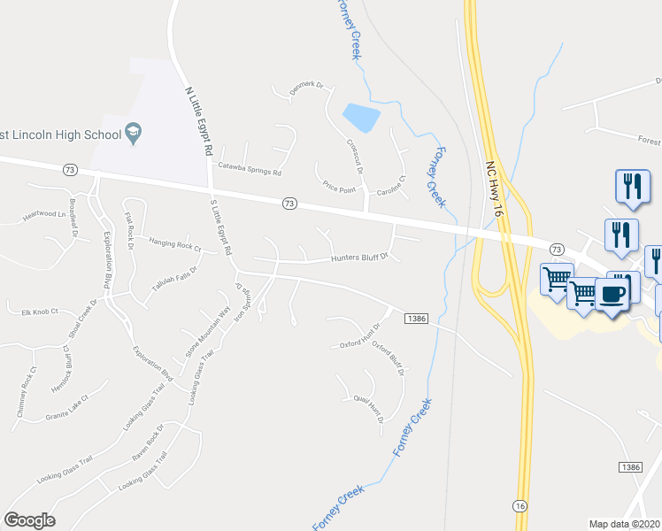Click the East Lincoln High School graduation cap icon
134,134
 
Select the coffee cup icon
612,294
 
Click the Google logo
29,520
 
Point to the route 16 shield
520,505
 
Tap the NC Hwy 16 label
494,189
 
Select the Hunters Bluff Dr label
359,258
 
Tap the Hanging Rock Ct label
175,244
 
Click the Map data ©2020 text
624,524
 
